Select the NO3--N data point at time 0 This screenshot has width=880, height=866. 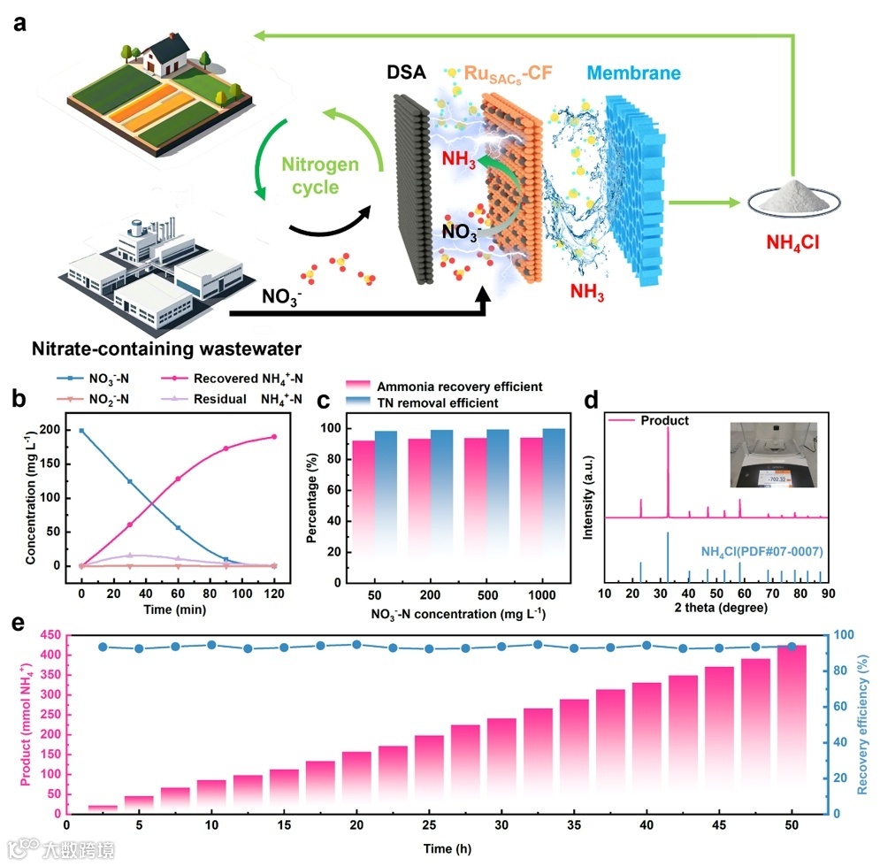(x=81, y=431)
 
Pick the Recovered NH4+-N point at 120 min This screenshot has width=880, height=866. (x=273, y=436)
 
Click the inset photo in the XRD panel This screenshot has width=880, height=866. (x=777, y=455)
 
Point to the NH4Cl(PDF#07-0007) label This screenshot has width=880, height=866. (x=762, y=552)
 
